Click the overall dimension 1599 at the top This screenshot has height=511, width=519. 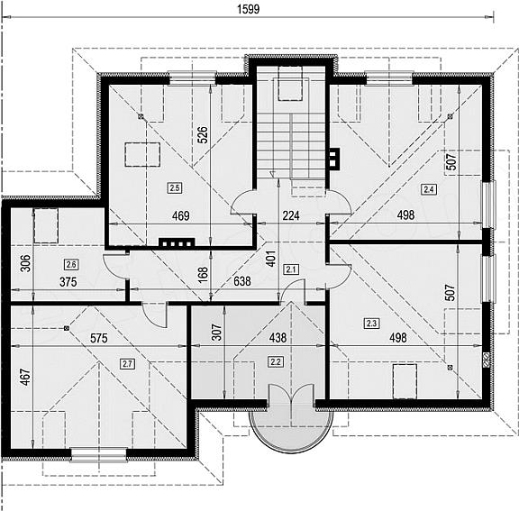coord(249,9)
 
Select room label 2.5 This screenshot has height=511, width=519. coord(175,188)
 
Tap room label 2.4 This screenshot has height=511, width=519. coord(428,189)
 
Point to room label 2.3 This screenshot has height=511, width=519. coord(371,323)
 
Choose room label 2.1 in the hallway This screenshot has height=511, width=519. coord(291,269)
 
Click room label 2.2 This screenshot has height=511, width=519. coord(276,361)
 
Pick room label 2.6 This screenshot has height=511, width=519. coord(71,264)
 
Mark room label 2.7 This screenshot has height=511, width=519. coord(127,364)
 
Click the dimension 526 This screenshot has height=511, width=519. coord(203,134)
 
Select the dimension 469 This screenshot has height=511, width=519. coord(181,215)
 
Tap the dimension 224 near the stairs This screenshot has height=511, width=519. coord(291,215)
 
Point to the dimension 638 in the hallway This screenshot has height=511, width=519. coord(242,281)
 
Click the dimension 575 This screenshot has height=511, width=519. coord(99,338)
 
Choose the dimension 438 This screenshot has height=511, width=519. coord(278,338)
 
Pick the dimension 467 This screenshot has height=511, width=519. coord(25,378)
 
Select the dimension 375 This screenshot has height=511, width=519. coord(68,282)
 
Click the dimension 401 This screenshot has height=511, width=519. coord(270,259)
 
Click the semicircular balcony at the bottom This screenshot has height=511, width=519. coord(291,431)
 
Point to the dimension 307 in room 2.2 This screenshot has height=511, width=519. coord(216,333)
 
